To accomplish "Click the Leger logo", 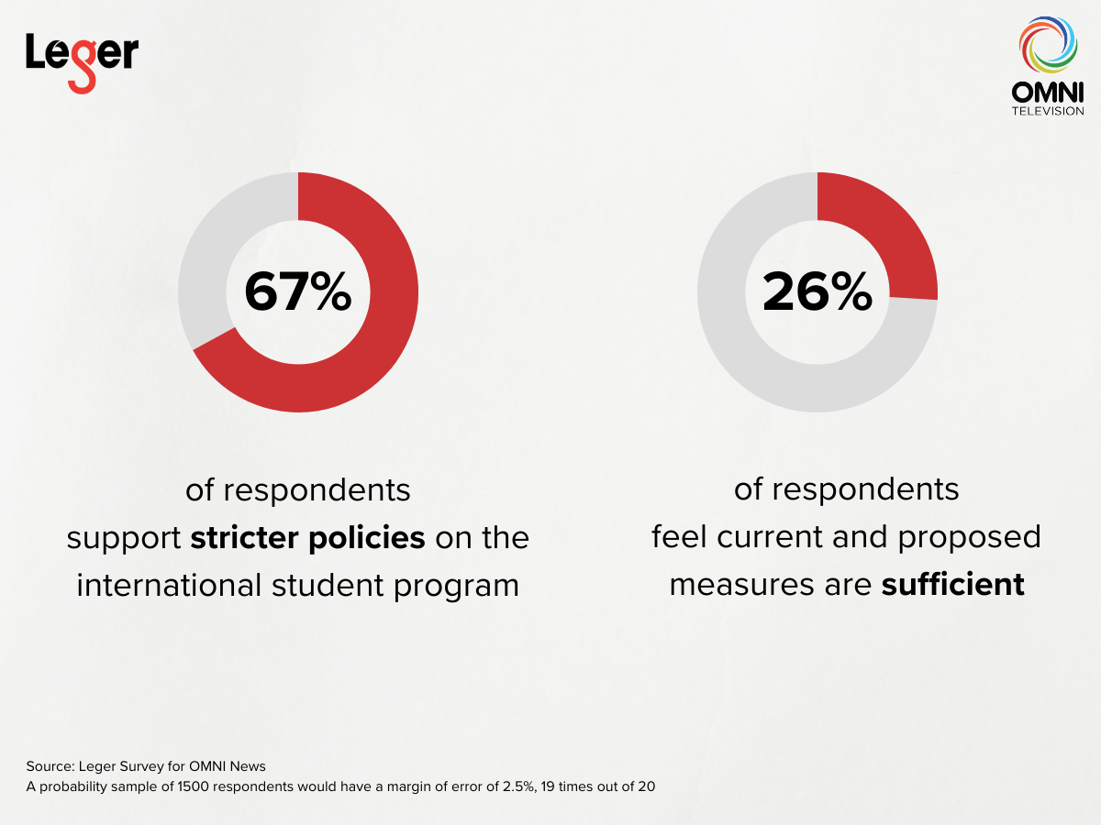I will (x=82, y=60).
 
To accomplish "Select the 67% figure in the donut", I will (x=297, y=291).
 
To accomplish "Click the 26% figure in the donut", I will (x=817, y=291).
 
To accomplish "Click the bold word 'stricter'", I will (x=245, y=537).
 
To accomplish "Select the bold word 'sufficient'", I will (x=952, y=584).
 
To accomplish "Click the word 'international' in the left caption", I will (x=170, y=585).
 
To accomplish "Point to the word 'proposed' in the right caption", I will (x=969, y=537).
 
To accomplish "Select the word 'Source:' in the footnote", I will (x=50, y=765).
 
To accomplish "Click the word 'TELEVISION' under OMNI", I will (x=1047, y=111).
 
